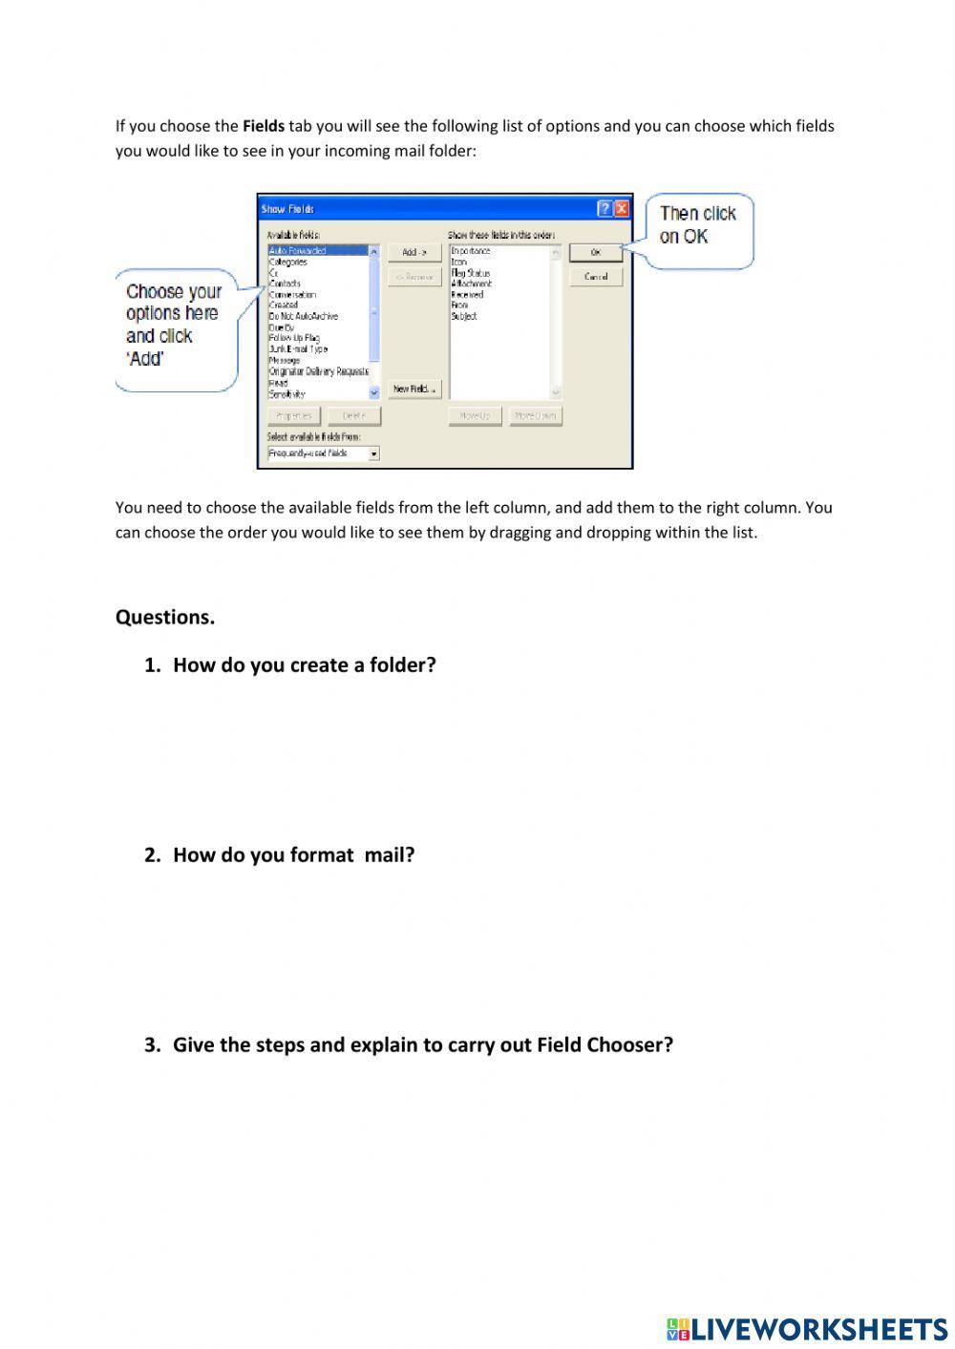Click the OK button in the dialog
595,253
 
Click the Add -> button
414,253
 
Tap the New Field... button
414,390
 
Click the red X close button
622,209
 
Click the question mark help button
605,209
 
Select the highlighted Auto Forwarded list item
298,251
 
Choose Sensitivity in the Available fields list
287,394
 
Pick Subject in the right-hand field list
464,316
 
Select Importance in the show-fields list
471,251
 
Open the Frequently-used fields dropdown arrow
373,454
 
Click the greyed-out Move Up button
475,416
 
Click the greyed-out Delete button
353,416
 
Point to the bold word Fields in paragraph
264,126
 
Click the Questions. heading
165,618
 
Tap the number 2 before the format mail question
151,855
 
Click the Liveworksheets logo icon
678,1329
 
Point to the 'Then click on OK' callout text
697,225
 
